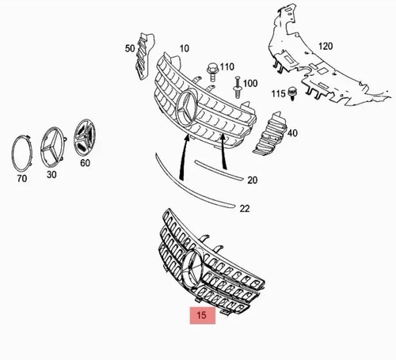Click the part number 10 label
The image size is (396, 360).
tap(185, 48)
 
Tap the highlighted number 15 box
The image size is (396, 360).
tap(203, 315)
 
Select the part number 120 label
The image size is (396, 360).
tap(326, 46)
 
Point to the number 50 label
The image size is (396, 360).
tap(130, 48)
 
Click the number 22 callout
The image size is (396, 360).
tap(245, 209)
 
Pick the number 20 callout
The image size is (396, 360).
tap(252, 180)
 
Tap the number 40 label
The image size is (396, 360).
tap(292, 133)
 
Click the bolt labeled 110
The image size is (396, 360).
tap(211, 72)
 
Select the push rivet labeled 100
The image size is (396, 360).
tap(237, 87)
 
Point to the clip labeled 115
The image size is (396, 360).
tap(291, 93)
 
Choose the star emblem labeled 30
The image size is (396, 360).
tap(52, 147)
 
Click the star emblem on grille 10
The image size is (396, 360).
tap(188, 108)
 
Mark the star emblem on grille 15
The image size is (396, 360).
tap(192, 269)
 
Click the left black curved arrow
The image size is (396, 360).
tap(182, 157)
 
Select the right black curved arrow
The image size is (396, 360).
tap(224, 151)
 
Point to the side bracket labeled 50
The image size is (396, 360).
tap(144, 56)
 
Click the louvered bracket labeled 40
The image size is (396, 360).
tap(270, 134)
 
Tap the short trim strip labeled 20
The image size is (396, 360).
tap(219, 170)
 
